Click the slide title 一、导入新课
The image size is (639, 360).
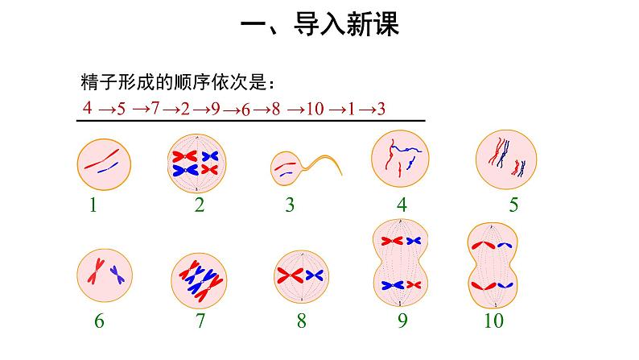[x=320, y=25]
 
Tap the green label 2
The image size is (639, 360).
[x=199, y=205]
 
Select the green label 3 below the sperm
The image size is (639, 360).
[x=290, y=205]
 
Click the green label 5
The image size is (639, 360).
[x=513, y=205]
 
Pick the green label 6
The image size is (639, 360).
[x=99, y=321]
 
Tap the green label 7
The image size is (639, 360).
[x=199, y=321]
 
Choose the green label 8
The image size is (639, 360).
[x=301, y=321]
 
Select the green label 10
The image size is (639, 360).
[x=493, y=321]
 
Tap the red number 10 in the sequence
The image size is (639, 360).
[x=314, y=109]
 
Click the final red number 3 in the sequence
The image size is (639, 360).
[x=381, y=109]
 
